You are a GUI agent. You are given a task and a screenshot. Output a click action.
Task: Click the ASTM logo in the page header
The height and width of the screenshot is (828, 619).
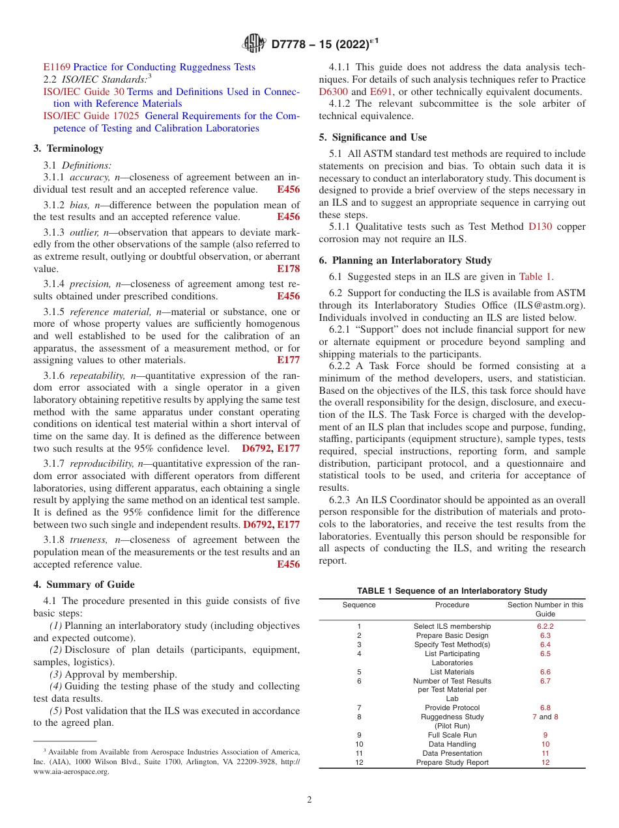254,44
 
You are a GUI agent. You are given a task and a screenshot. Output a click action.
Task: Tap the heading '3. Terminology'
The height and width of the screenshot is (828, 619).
68,148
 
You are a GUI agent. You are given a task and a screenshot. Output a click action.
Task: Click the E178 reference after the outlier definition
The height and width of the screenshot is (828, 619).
288,268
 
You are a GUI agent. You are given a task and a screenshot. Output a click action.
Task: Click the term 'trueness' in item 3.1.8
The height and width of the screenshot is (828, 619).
89,540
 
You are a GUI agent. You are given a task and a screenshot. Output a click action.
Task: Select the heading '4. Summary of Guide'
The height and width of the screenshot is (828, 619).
84,585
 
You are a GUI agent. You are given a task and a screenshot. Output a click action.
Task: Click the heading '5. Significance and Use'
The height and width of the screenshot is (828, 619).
373,137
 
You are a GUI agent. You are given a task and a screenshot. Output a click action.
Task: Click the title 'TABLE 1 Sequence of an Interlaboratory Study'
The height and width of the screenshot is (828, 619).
452,590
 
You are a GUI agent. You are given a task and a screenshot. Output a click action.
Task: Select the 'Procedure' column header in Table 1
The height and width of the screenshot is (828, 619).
452,605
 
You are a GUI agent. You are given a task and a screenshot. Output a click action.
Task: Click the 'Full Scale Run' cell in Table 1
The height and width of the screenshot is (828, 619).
452,735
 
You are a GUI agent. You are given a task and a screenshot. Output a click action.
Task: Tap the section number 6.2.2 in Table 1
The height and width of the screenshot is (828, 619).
545,626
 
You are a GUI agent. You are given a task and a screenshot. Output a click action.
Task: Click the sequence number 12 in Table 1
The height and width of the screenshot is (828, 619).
359,762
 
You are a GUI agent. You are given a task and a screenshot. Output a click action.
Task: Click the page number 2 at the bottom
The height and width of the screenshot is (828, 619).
309,800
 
